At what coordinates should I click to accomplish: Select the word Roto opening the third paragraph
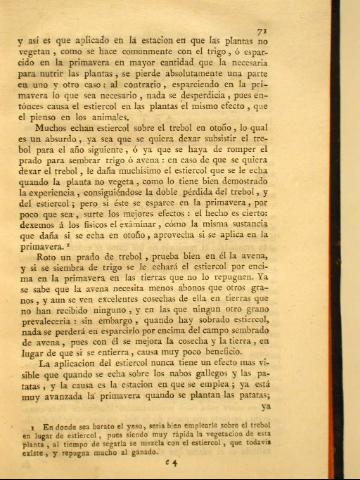pyautogui.click(x=57, y=258)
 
